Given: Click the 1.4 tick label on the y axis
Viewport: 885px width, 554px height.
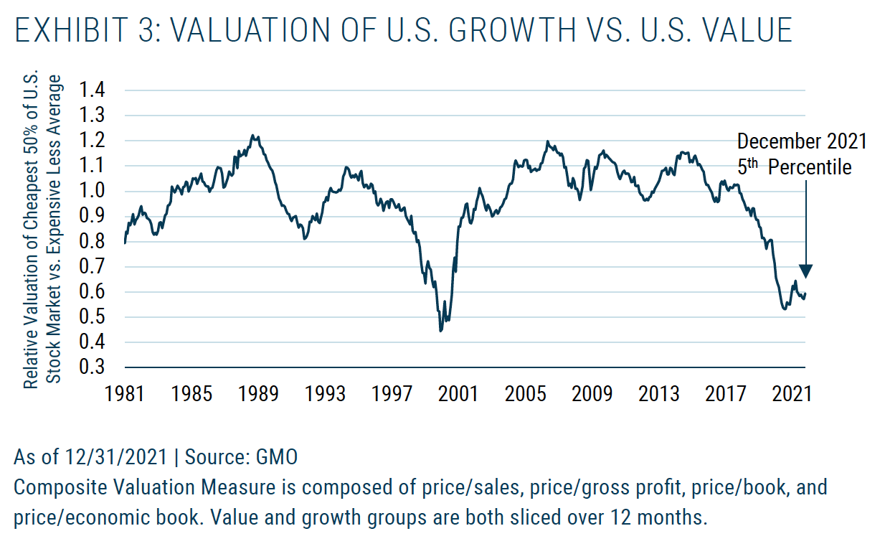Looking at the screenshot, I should (x=93, y=90).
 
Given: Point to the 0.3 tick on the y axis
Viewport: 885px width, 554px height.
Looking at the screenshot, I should (x=93, y=367).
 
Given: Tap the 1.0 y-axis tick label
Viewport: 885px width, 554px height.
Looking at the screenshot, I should (x=93, y=191).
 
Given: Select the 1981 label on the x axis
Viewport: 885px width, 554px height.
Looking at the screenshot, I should (x=126, y=394).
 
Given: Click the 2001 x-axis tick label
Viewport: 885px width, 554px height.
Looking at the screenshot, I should (x=458, y=394).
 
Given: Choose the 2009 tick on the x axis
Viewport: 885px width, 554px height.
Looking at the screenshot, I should (x=592, y=394).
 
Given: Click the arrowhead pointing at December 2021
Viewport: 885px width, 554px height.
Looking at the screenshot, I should (x=805, y=271).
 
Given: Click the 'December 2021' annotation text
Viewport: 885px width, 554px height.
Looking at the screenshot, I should (x=802, y=141).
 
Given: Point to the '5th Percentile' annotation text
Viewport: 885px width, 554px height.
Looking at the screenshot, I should (x=795, y=167).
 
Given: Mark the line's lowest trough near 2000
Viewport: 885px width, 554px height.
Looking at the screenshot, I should (x=440, y=330).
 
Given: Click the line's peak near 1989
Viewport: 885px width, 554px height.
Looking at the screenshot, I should (x=252, y=135).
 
